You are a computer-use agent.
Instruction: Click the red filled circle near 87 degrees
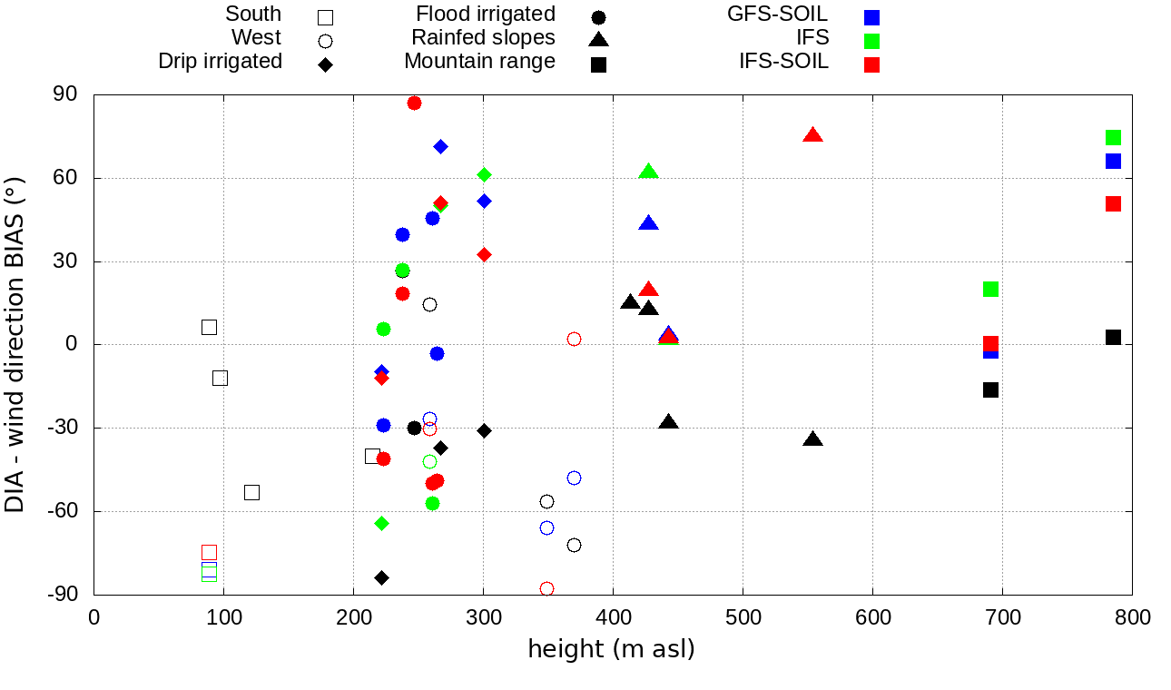click(x=414, y=103)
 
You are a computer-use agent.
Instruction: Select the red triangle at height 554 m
click(x=812, y=135)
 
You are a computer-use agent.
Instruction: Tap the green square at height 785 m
click(x=1113, y=137)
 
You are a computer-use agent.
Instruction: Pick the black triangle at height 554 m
click(x=812, y=439)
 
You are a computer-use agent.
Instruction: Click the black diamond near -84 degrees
click(x=382, y=577)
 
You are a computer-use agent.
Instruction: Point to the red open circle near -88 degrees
click(x=546, y=588)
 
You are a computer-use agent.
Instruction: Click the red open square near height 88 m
click(x=209, y=552)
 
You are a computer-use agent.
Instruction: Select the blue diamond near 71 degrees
click(x=440, y=146)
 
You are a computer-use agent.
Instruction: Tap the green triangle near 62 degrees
click(x=648, y=172)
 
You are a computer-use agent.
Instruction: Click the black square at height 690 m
click(x=990, y=389)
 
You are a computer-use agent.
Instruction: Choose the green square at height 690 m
click(x=990, y=289)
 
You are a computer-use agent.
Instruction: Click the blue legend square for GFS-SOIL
click(x=872, y=16)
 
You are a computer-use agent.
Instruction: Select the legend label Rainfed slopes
click(x=483, y=38)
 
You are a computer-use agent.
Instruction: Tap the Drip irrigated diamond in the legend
click(x=325, y=64)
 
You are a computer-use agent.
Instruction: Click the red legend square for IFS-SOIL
click(x=872, y=64)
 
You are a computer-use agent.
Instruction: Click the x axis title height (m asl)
click(x=612, y=650)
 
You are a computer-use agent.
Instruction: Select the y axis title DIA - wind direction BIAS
click(x=15, y=345)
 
